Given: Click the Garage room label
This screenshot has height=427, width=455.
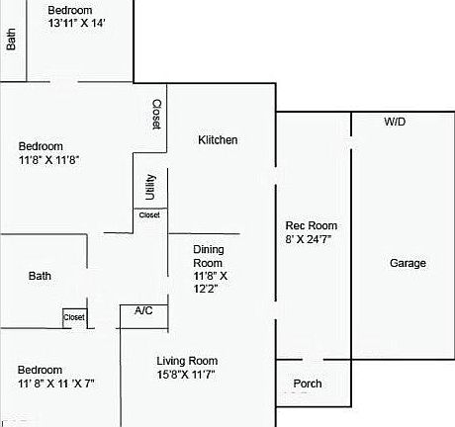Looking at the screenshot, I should (x=408, y=263).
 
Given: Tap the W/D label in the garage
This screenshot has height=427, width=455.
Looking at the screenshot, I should (x=395, y=122).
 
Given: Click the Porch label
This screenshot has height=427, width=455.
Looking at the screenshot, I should (x=308, y=384).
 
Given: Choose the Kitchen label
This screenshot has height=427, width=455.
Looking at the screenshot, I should (x=218, y=140).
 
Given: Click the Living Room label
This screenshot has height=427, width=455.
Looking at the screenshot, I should (x=187, y=361).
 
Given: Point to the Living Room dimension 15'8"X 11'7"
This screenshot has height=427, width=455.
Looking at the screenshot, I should (x=185, y=375).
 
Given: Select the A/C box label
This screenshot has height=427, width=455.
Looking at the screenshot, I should (x=143, y=311).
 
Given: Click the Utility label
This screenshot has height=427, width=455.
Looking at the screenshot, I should (x=150, y=188).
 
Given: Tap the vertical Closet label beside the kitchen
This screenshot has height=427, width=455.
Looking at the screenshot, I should (x=156, y=116).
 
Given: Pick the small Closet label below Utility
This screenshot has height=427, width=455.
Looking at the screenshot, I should (x=149, y=214).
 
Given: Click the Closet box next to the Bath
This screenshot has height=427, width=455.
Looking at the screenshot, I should (x=75, y=317).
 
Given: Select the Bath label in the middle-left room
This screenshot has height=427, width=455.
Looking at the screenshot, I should (x=40, y=277).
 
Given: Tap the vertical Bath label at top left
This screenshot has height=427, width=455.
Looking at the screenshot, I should (x=12, y=40).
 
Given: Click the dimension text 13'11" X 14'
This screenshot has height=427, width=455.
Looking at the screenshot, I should (x=76, y=23).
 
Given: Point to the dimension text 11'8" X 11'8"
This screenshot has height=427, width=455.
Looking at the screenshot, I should (x=48, y=159).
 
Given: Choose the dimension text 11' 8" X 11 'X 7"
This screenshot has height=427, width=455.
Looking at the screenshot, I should (x=56, y=383).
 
